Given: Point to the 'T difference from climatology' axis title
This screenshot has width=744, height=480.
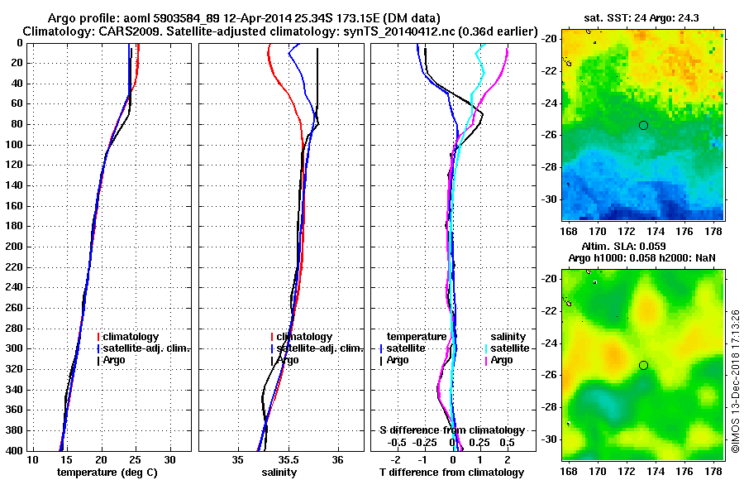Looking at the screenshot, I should click(452, 473).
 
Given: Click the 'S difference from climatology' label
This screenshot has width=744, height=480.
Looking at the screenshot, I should click(452, 430).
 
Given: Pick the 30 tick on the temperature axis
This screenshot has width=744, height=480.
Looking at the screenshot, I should click(169, 459).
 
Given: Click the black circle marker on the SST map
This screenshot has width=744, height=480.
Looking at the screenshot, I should click(643, 125).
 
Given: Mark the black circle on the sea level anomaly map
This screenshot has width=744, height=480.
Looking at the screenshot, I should click(643, 365).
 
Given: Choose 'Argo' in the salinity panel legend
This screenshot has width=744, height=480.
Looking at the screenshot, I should click(289, 360).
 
